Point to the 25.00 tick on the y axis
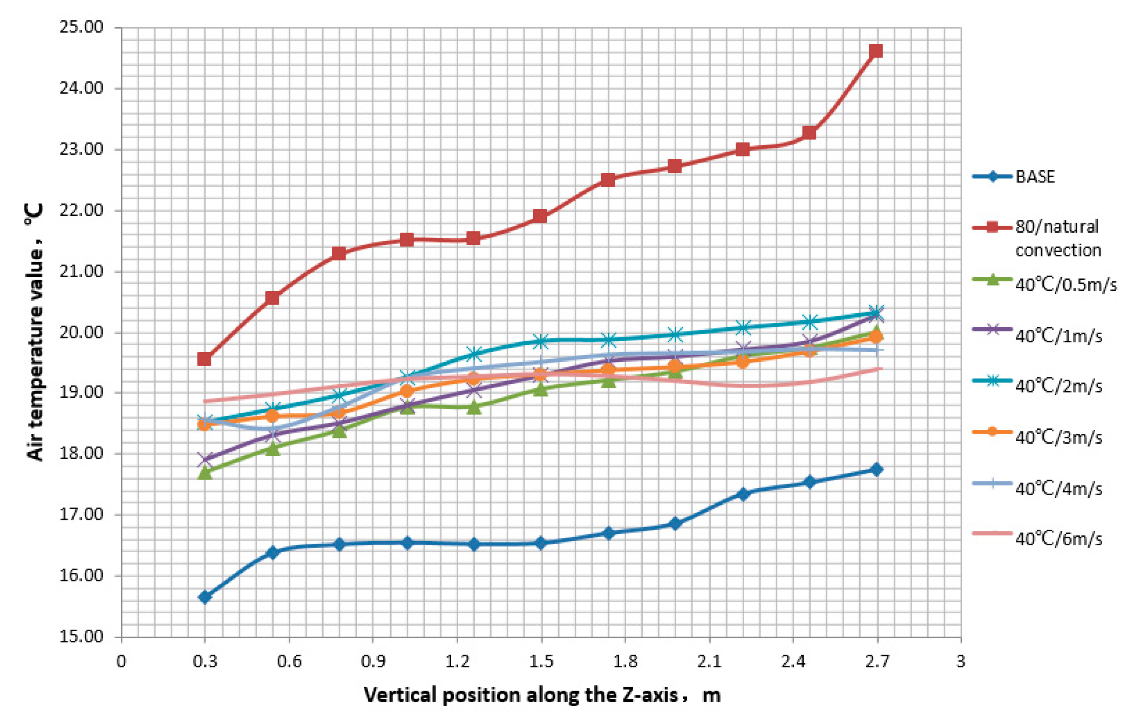[81, 27]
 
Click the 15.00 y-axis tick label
[81, 636]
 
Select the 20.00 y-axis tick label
[81, 332]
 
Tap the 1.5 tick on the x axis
[541, 662]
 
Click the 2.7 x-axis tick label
[877, 662]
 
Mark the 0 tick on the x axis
[121, 662]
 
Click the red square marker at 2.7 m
[876, 51]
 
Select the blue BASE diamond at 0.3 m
[205, 597]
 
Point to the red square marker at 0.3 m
[204, 359]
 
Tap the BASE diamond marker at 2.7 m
[877, 469]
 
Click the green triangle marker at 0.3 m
[205, 472]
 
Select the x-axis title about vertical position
[542, 695]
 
